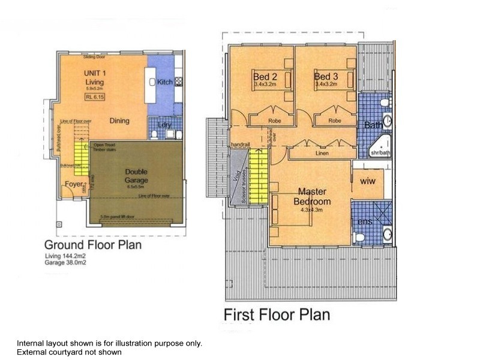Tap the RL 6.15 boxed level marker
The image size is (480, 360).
(93, 102)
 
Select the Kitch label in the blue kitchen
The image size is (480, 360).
(164, 82)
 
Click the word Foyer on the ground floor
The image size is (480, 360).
(74, 184)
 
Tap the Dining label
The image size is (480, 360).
(119, 121)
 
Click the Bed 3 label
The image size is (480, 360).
(326, 77)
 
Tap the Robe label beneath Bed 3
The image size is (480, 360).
(335, 121)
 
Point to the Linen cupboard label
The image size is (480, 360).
(322, 153)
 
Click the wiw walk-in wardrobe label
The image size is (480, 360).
(367, 181)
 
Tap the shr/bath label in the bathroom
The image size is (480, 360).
(380, 152)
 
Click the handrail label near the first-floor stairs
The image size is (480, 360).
(240, 145)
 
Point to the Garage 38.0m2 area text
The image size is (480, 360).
(65, 262)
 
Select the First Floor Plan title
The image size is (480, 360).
(277, 314)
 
